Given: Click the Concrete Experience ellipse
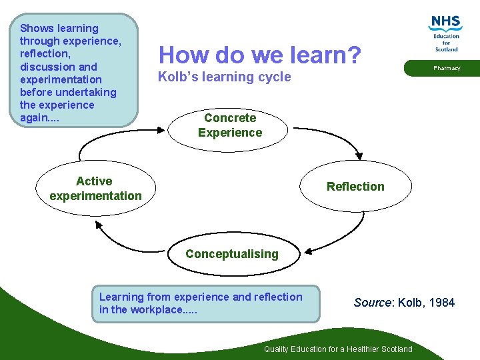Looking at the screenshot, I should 230,125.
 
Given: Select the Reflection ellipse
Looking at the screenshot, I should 355,187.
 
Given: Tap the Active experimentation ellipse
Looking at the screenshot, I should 95,189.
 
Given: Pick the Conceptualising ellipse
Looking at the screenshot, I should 232,254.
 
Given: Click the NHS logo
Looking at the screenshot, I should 445,33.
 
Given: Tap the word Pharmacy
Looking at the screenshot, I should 447,68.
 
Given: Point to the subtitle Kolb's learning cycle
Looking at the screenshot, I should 224,77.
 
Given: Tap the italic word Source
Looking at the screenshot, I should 373,303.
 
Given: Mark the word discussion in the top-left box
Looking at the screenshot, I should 51,67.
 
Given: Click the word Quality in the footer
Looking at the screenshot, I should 277,349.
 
